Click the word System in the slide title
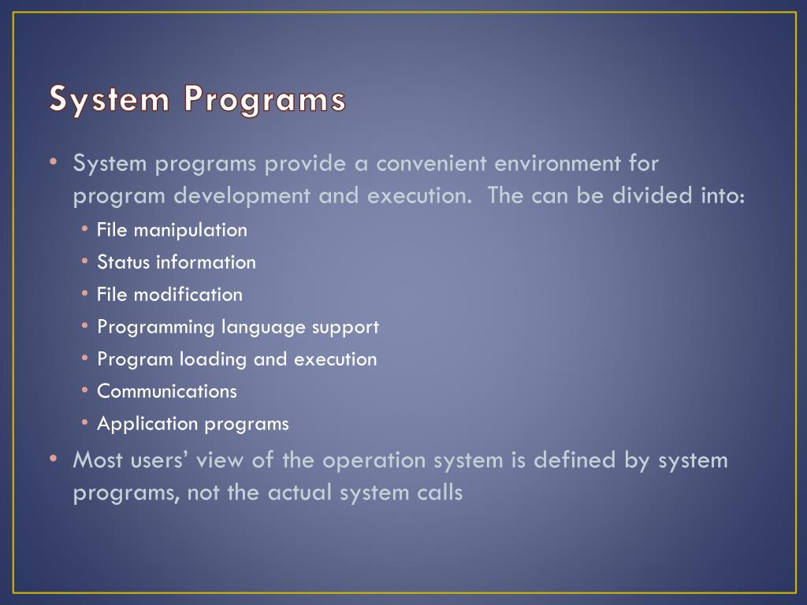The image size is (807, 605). coord(109,98)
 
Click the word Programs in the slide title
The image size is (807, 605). coord(265,98)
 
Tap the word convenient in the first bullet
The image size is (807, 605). coord(431,164)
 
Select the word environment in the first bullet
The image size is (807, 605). coord(557,164)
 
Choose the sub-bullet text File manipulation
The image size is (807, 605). coord(172,231)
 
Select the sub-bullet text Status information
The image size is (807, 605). coord(177,262)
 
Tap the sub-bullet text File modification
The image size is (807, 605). coord(170,295)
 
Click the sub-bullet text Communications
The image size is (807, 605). coord(167,392)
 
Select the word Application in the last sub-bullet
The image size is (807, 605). coord(147,425)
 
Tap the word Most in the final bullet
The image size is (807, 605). coord(98,460)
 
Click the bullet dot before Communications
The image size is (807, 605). coord(85,391)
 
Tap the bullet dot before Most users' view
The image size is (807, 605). coord(54,458)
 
